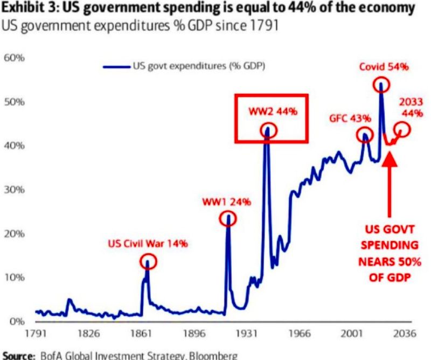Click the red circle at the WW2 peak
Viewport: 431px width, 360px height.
coord(269,130)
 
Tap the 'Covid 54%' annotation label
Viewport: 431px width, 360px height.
coord(384,67)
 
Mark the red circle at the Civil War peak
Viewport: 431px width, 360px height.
coord(149,261)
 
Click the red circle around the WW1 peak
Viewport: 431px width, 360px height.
coord(228,219)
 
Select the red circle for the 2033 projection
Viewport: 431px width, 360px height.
coord(402,129)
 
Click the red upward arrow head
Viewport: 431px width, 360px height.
coord(390,160)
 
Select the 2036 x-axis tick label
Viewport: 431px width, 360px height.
coord(404,333)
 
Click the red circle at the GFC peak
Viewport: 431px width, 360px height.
coord(365,135)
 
